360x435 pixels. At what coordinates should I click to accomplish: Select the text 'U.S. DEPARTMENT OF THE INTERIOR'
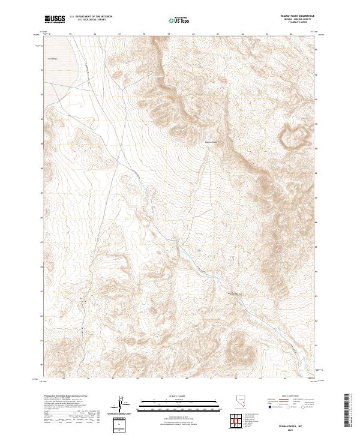click(x=91, y=17)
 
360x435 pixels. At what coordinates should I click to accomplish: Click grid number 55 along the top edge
click(x=70, y=35)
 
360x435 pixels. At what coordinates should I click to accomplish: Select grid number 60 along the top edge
click(x=193, y=35)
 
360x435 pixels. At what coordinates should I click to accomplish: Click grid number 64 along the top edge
click(x=292, y=35)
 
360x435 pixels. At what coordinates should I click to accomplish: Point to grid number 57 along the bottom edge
click(x=113, y=379)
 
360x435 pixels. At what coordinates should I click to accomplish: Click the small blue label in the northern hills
click(x=157, y=76)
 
